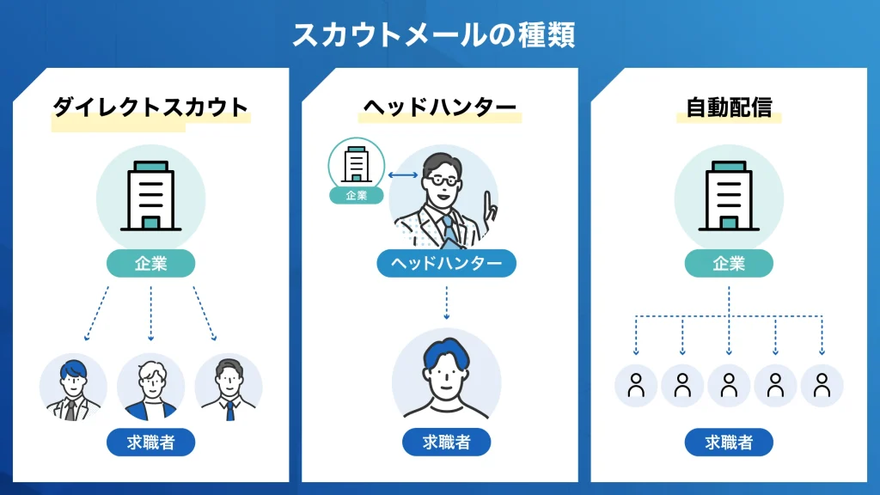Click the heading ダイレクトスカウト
click(x=150, y=107)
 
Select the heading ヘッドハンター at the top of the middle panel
click(x=439, y=107)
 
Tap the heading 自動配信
click(x=729, y=107)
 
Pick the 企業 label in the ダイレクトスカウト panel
click(x=150, y=264)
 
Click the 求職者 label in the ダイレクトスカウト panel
click(x=150, y=443)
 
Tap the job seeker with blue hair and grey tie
click(x=73, y=388)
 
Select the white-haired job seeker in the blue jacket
click(x=150, y=388)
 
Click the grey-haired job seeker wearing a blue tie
click(x=229, y=388)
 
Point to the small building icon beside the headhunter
click(x=356, y=163)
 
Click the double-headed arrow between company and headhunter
click(x=402, y=175)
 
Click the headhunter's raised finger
click(x=487, y=204)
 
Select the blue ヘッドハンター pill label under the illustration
click(x=446, y=263)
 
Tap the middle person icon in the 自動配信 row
click(x=729, y=385)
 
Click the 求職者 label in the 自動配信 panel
click(x=729, y=443)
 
